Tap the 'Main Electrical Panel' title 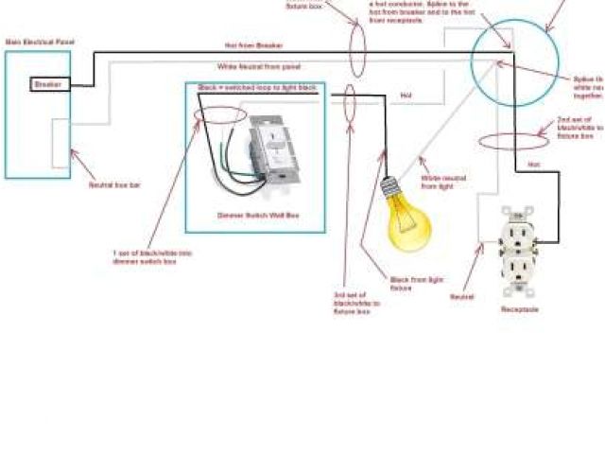(40, 43)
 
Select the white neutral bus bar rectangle (60, 143)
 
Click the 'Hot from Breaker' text (253, 45)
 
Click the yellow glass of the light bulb (408, 226)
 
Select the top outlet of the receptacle (519, 233)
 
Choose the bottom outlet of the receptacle (519, 274)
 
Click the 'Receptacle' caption (519, 309)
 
